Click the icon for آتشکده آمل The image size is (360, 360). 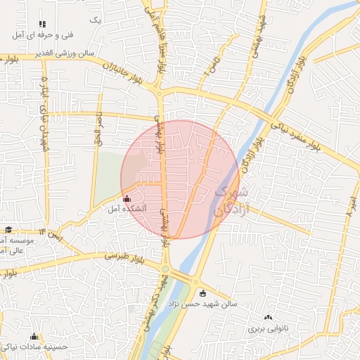(127, 198)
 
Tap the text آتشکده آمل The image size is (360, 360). (128, 209)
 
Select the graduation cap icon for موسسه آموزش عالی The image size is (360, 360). (8, 229)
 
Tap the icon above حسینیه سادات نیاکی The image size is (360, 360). (34, 337)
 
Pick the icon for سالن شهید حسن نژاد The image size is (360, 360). (203, 293)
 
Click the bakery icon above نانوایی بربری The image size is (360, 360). (267, 318)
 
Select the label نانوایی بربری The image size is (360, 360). (266, 328)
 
